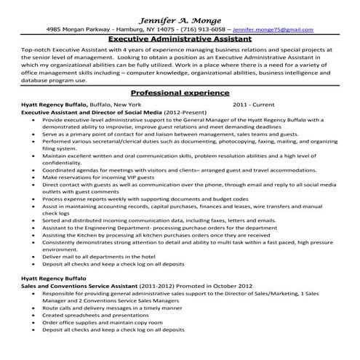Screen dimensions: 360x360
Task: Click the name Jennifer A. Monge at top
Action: coord(180,17)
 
